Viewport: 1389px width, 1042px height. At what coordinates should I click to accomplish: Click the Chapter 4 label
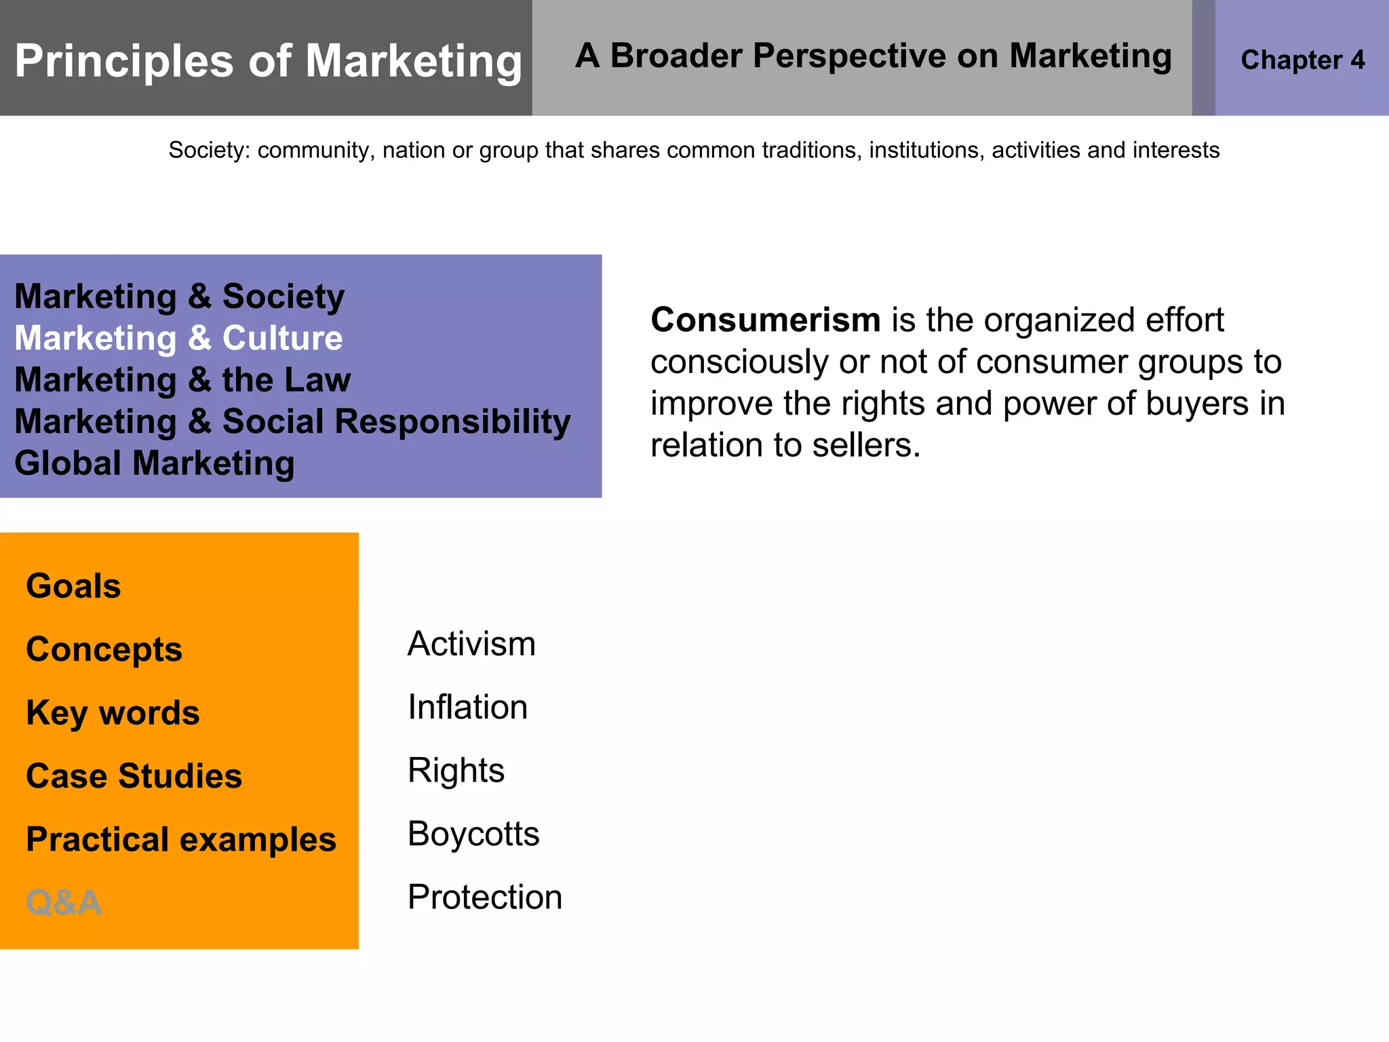pyautogui.click(x=1302, y=60)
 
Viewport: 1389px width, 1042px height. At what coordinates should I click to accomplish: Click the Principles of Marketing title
pyautogui.click(x=268, y=61)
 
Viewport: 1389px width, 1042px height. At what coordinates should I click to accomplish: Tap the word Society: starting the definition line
pyautogui.click(x=209, y=150)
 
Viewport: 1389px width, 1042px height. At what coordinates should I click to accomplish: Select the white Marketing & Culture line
pyautogui.click(x=178, y=338)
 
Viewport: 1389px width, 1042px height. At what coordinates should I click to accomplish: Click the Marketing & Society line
pyautogui.click(x=179, y=296)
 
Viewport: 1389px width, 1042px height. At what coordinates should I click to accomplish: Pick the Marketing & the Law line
pyautogui.click(x=182, y=380)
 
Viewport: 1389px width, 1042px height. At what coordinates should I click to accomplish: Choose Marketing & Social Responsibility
pyautogui.click(x=292, y=421)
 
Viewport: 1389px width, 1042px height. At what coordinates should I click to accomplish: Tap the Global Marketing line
pyautogui.click(x=155, y=463)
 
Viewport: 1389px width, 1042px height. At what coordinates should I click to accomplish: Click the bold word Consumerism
pyautogui.click(x=765, y=320)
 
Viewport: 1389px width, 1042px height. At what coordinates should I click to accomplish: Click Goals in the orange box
pyautogui.click(x=73, y=585)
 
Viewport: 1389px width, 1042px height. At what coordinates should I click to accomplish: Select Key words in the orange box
pyautogui.click(x=113, y=712)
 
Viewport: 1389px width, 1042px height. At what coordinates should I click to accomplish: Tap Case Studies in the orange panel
pyautogui.click(x=134, y=775)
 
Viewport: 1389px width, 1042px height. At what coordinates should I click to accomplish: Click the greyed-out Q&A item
pyautogui.click(x=63, y=902)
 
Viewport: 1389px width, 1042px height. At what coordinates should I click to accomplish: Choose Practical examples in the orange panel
pyautogui.click(x=180, y=839)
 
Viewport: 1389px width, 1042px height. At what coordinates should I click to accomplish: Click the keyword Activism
pyautogui.click(x=471, y=644)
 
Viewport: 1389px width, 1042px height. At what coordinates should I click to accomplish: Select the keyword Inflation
pyautogui.click(x=467, y=707)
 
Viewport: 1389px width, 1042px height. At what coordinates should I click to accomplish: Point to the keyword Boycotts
pyautogui.click(x=473, y=834)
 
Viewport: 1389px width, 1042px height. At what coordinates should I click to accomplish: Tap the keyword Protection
pyautogui.click(x=484, y=897)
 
